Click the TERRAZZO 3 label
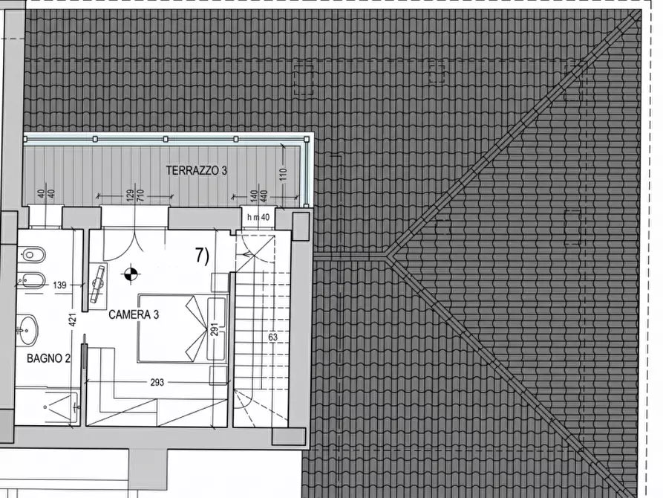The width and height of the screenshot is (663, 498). point(196,170)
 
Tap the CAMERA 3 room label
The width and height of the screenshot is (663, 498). point(134,314)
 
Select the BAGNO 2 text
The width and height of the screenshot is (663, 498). point(48,358)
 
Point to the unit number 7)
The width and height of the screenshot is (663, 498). point(202,256)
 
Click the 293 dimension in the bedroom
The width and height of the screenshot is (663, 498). point(157,382)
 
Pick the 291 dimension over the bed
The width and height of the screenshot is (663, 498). point(215,326)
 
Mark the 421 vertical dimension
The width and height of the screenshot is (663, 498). point(72,320)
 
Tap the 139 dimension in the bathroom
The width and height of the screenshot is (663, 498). point(59,285)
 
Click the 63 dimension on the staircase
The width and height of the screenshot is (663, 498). point(272,337)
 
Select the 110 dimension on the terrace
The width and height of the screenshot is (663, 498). point(284,175)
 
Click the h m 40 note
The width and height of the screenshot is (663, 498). point(258,218)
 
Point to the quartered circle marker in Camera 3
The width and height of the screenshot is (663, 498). point(131,274)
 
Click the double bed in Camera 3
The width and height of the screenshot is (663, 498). point(182,329)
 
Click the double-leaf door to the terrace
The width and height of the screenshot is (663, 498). point(134,245)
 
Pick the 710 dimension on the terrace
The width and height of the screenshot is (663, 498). point(141,195)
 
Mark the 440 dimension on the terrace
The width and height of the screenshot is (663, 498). point(264,196)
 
